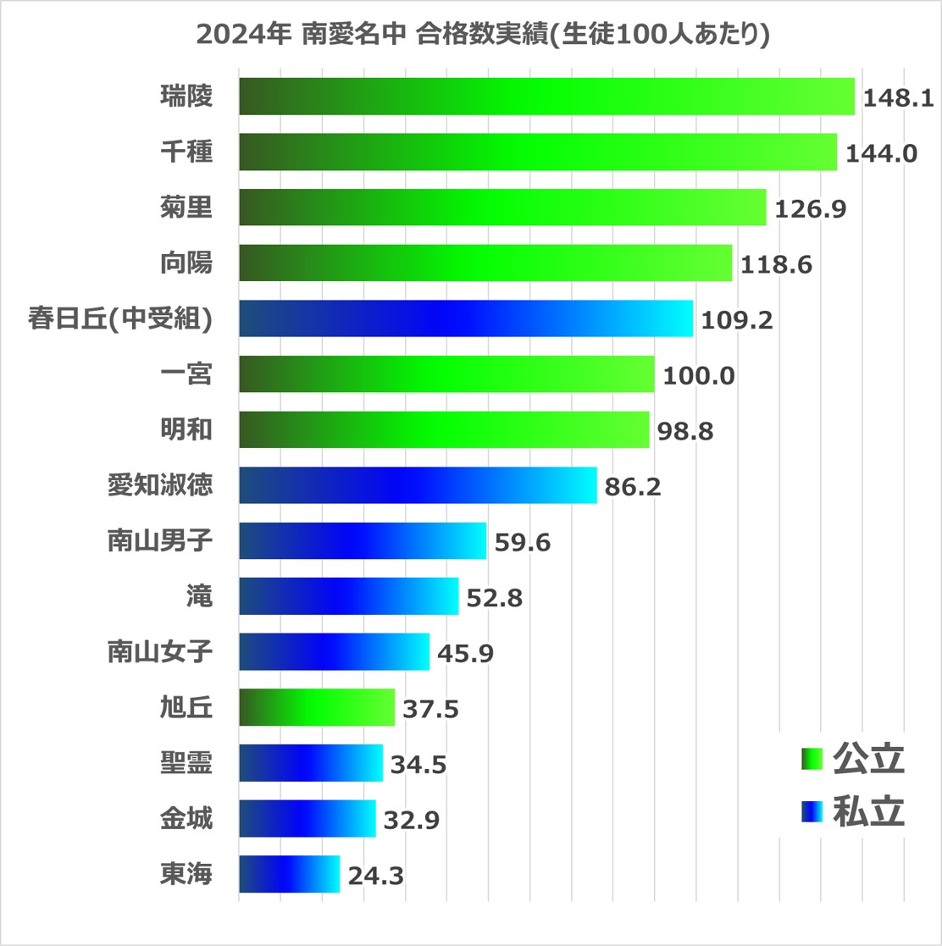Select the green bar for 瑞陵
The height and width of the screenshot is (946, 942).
pos(546,97)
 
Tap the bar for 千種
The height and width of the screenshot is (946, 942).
pos(538,152)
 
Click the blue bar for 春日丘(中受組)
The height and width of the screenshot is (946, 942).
pos(466,318)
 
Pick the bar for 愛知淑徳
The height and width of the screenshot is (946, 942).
pos(418,485)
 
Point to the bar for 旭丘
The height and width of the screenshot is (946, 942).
pos(317,707)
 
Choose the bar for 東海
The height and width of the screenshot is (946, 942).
pos(289,874)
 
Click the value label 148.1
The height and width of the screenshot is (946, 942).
pos(898,97)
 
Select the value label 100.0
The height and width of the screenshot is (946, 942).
pos(698,375)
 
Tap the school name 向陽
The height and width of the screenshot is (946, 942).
pos(186,263)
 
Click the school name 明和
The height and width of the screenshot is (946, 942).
pos(186,430)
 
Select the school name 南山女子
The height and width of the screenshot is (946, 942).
pos(159,652)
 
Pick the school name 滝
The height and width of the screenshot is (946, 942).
pos(200,597)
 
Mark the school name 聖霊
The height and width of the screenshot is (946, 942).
pos(186,763)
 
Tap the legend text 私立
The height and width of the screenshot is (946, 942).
pos(869,811)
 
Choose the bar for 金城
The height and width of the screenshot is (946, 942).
pos(307,818)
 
